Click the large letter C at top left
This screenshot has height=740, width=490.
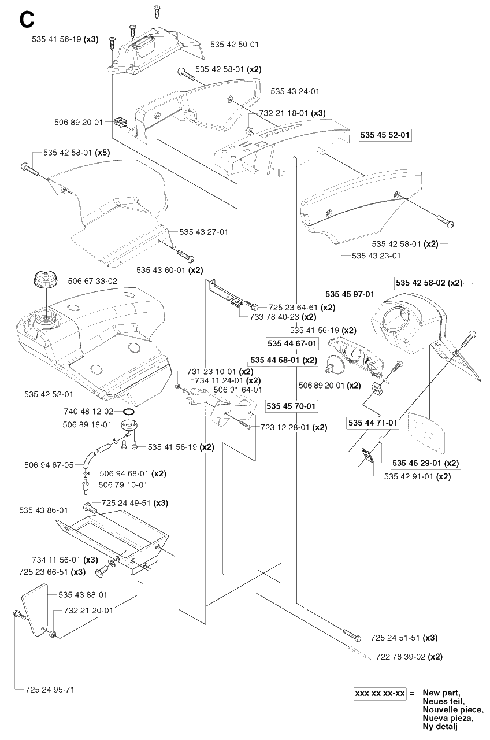click(27, 20)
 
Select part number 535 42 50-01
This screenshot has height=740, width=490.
click(235, 45)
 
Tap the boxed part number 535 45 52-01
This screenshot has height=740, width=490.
click(385, 135)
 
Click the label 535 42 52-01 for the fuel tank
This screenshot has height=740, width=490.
click(49, 394)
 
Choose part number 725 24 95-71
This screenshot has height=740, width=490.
click(50, 690)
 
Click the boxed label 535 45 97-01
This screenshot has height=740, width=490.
click(350, 294)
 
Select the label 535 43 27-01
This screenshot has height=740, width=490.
click(204, 232)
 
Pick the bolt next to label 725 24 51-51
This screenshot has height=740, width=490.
click(352, 635)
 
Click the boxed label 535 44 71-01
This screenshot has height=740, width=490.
click(373, 423)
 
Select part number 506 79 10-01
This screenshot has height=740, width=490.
click(123, 484)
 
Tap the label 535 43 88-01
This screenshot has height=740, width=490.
click(83, 595)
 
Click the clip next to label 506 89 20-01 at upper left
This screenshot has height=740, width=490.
click(120, 122)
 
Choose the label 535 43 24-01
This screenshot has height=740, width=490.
click(295, 91)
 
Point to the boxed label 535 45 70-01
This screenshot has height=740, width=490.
click(291, 406)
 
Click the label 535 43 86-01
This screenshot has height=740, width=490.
click(43, 510)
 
